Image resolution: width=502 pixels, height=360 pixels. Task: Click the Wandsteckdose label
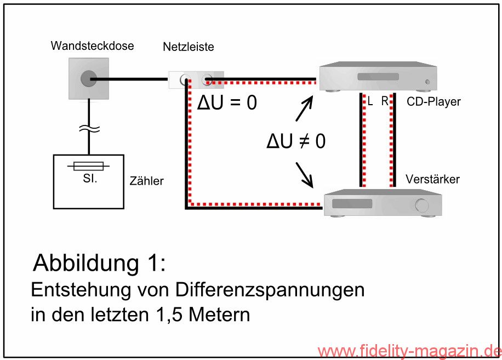pos(92,46)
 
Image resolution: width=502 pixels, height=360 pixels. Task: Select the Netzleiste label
pos(188,47)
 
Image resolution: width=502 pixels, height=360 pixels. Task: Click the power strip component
pos(196,80)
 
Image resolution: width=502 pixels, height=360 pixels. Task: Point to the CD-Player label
pos(433,102)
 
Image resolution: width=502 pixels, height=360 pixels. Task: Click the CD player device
pos(378,77)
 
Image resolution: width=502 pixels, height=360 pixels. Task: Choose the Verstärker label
pos(432,179)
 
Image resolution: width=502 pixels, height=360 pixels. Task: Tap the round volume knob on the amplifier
pos(421,205)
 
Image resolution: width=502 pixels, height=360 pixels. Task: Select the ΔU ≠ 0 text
pos(295,141)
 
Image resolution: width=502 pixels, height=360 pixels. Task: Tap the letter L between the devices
pos(370,102)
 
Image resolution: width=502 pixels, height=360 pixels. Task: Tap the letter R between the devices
pos(384,102)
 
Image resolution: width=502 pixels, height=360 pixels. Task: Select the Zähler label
pos(147,181)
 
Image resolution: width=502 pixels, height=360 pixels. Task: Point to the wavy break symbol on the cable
pos(88,129)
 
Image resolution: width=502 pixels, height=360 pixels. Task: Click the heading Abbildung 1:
pos(99,262)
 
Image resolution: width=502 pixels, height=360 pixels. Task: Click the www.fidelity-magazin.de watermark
pos(409,351)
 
